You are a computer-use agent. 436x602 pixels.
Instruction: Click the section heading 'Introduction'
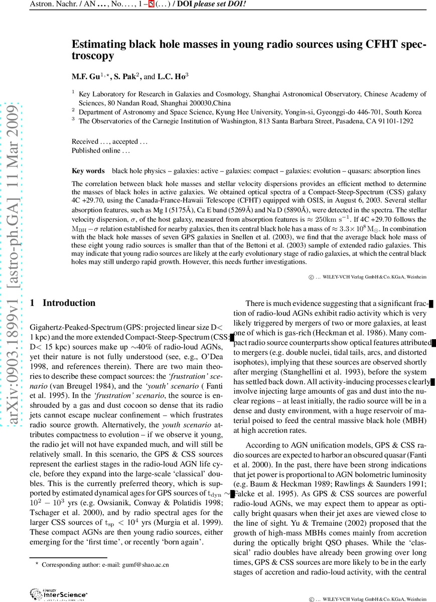(x=69, y=303)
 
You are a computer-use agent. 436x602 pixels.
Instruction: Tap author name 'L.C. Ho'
(x=172, y=77)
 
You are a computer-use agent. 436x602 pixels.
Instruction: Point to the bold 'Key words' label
(x=88, y=171)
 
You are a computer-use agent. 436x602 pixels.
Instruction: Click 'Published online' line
(x=101, y=150)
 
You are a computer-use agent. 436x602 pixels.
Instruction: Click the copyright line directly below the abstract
(x=367, y=277)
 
